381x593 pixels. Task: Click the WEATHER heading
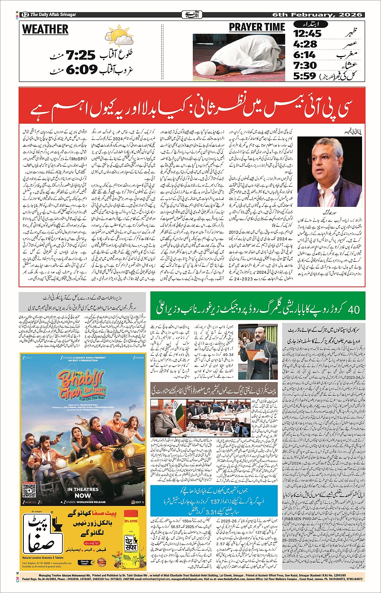click(45, 30)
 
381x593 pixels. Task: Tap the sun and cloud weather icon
click(121, 36)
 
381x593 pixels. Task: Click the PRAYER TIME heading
click(257, 27)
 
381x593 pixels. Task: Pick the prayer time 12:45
click(307, 33)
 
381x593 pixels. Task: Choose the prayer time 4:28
click(305, 44)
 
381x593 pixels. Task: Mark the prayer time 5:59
click(305, 76)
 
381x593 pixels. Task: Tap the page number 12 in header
click(25, 15)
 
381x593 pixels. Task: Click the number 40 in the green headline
click(354, 310)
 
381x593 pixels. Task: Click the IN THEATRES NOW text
click(83, 492)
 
